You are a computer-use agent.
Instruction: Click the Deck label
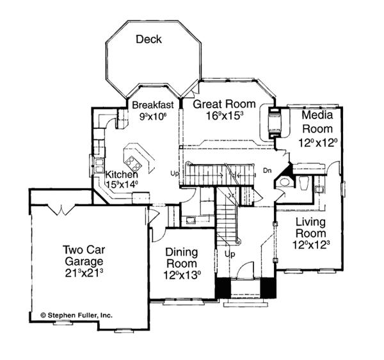click(x=148, y=40)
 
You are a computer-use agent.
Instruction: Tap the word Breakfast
click(x=152, y=104)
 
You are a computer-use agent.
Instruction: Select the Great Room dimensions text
click(x=224, y=117)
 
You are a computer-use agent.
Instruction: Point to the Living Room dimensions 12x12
click(x=312, y=245)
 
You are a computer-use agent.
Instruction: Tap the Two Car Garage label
click(x=83, y=256)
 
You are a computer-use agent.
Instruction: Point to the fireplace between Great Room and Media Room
click(x=274, y=124)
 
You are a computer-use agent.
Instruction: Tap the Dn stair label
click(x=267, y=171)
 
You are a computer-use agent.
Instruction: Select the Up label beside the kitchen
click(x=173, y=174)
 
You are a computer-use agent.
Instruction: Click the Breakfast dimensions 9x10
click(x=152, y=116)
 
